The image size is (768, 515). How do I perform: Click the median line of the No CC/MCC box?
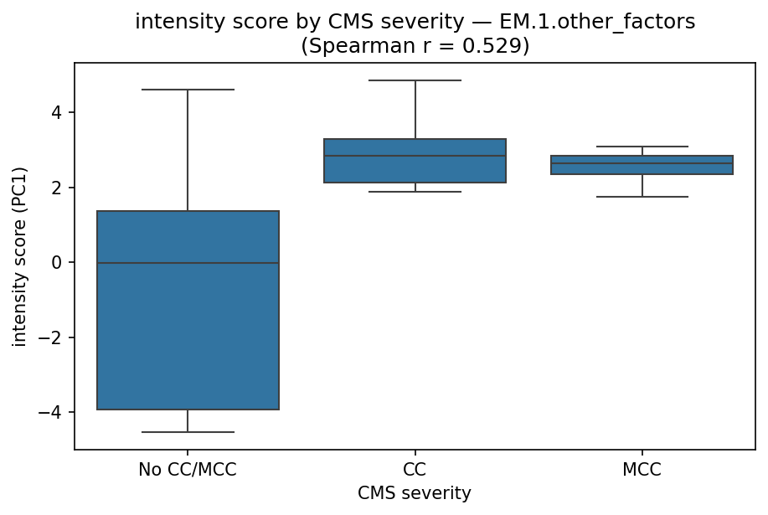tap(188, 263)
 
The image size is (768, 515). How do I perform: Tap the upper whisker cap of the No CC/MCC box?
tap(188, 90)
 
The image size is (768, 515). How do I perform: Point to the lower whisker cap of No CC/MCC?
tap(188, 432)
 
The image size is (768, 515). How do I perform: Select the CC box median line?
tap(415, 156)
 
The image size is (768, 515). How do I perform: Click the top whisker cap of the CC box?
tap(415, 80)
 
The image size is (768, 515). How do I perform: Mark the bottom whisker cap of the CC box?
tap(415, 192)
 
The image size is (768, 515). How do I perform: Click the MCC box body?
tap(642, 165)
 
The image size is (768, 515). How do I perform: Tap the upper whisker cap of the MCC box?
tap(642, 147)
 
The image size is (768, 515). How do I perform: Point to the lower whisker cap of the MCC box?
tap(642, 197)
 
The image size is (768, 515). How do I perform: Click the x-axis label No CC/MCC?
tap(188, 470)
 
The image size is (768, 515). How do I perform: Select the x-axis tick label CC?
tap(415, 470)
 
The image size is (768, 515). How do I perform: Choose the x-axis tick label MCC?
tap(642, 470)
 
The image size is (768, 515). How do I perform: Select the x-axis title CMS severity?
tap(415, 494)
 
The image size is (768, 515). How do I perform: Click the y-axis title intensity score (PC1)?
tap(19, 256)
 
